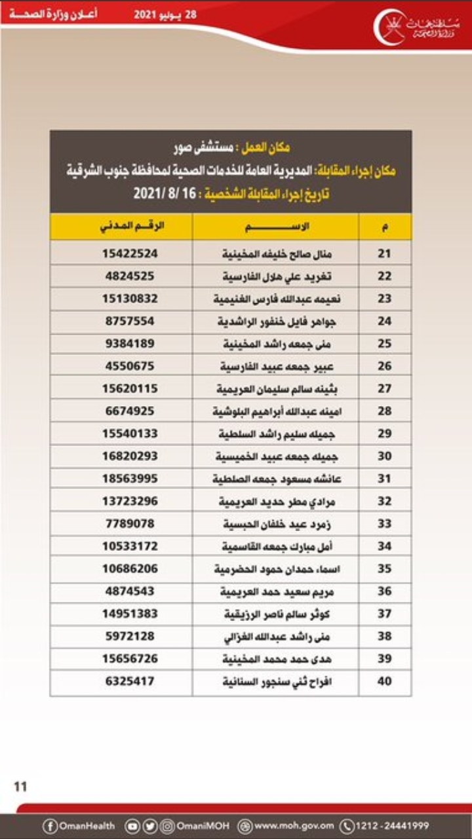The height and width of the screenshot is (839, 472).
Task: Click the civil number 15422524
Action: [130, 253]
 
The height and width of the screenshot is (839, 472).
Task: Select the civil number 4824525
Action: [130, 276]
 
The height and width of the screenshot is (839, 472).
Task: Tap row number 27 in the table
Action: [385, 388]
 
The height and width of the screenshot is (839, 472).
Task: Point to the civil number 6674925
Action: [130, 411]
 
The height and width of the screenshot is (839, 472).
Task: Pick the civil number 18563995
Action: [130, 478]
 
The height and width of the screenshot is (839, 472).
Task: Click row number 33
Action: [385, 523]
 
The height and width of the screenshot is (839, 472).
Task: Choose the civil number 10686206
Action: [130, 569]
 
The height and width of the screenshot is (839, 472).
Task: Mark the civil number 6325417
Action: [130, 681]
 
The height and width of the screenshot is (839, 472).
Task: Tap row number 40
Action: [385, 681]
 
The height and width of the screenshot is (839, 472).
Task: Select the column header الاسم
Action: [276, 227]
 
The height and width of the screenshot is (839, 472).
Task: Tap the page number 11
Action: [20, 786]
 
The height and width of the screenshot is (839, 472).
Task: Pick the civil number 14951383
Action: [130, 614]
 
